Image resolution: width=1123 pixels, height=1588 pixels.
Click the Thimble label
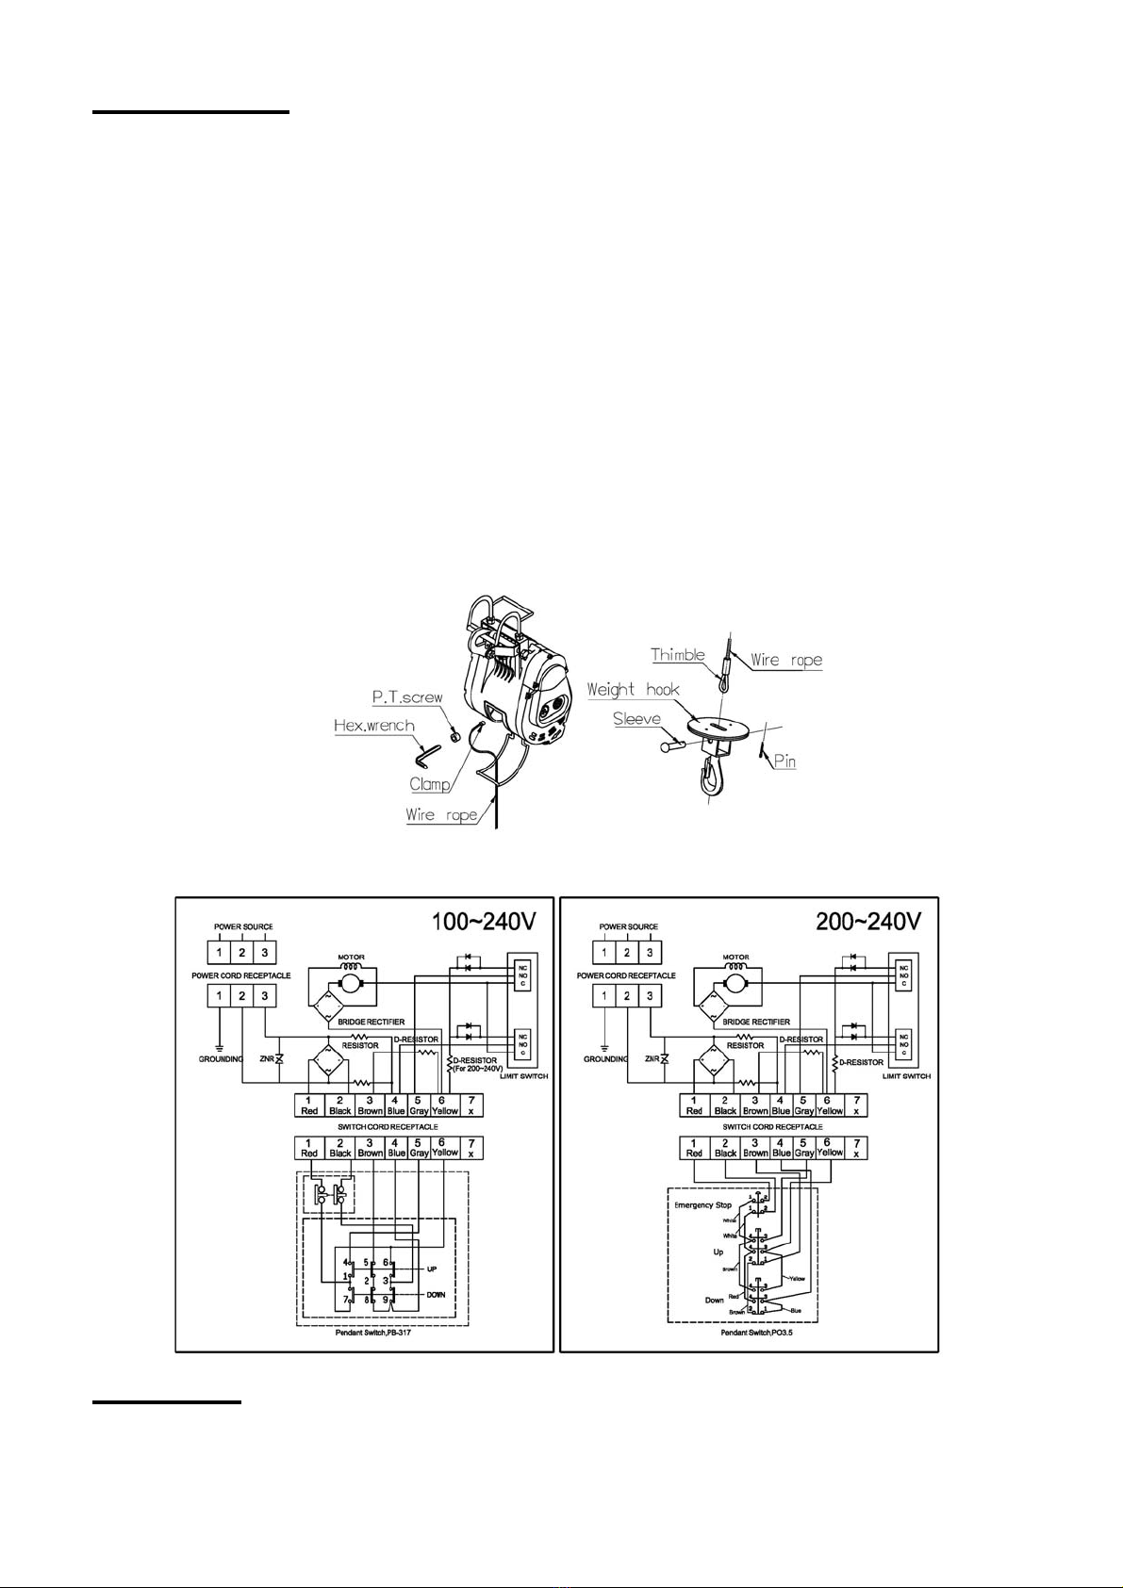pyautogui.click(x=677, y=655)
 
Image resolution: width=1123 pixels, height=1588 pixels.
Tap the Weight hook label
pyautogui.click(x=633, y=690)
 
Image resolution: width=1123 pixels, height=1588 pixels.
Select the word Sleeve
pyautogui.click(x=636, y=719)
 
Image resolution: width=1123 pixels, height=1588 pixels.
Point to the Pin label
pyautogui.click(x=784, y=761)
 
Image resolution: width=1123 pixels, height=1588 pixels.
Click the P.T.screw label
pyautogui.click(x=407, y=697)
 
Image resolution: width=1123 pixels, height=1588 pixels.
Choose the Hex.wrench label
pyautogui.click(x=374, y=726)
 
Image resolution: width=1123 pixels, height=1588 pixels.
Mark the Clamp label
pyautogui.click(x=429, y=784)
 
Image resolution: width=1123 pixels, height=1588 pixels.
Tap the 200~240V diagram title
pyautogui.click(x=868, y=921)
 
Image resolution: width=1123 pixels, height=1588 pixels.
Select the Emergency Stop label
pyautogui.click(x=702, y=1205)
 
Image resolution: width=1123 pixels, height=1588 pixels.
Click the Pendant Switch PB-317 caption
pyautogui.click(x=372, y=1333)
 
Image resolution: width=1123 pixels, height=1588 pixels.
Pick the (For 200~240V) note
pyautogui.click(x=478, y=1069)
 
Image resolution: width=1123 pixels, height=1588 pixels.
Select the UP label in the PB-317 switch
pyautogui.click(x=431, y=1269)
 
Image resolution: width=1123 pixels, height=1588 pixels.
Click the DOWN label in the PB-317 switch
pyautogui.click(x=435, y=1295)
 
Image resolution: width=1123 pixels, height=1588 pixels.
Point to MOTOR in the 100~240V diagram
pyautogui.click(x=351, y=958)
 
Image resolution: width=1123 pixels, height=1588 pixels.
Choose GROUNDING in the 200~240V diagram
pyautogui.click(x=605, y=1059)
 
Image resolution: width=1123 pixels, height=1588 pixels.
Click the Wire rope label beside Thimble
pyautogui.click(x=786, y=661)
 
